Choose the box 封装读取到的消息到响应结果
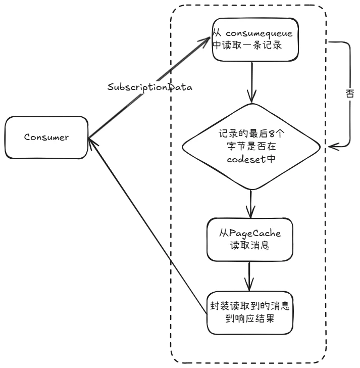(251, 312)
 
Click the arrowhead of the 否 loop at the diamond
(331, 147)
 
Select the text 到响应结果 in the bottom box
(252, 319)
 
